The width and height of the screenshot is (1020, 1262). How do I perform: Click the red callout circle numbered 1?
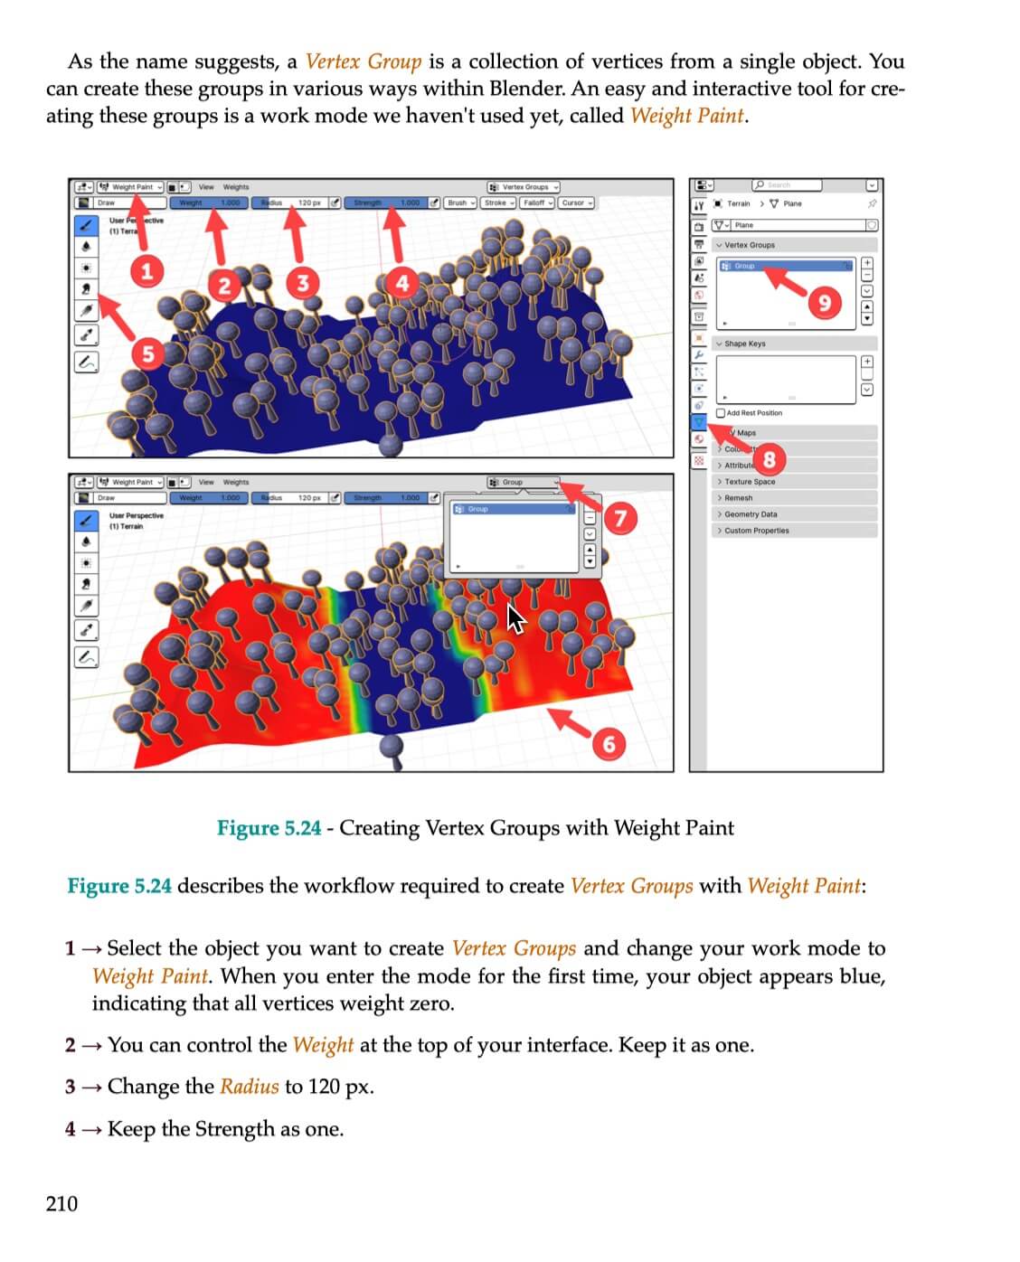coord(146,269)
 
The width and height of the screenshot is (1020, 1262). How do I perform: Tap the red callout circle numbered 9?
coord(823,302)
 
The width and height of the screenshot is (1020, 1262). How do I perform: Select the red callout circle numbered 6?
coord(609,743)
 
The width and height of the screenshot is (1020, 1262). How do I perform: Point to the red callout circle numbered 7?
coord(620,518)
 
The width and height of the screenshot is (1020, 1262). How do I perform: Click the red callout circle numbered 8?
coord(769,459)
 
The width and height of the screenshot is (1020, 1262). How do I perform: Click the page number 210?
coord(61,1203)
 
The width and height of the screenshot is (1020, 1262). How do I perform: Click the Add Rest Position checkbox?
coord(721,413)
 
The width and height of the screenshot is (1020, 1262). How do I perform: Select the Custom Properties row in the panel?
coord(756,531)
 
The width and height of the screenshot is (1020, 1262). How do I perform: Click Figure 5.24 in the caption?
coord(269,828)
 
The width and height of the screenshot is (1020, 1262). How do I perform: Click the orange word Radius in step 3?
coord(249,1087)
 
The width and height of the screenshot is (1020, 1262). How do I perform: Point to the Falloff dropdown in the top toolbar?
coord(537,202)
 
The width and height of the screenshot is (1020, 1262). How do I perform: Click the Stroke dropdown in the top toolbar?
coord(498,202)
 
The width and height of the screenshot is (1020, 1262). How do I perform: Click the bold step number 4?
coord(71,1129)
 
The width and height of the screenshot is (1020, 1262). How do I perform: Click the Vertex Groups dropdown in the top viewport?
coord(524,187)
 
